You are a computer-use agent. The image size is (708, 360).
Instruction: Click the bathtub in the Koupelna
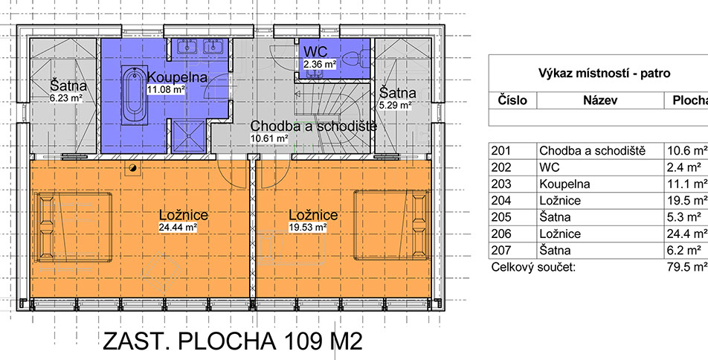(134, 95)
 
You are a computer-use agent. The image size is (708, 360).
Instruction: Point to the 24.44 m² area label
(178, 228)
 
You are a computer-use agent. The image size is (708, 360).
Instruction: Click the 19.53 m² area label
(307, 228)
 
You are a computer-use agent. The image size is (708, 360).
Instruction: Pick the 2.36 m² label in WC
(320, 64)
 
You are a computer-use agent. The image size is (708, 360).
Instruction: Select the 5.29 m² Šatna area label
(395, 106)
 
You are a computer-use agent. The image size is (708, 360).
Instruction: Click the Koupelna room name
(177, 77)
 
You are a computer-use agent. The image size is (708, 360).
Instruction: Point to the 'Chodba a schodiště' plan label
(313, 126)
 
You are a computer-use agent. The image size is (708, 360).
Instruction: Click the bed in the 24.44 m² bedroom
(74, 227)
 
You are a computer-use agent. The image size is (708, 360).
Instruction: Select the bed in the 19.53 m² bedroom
(392, 225)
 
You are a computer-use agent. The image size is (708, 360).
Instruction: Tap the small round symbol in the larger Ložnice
(133, 169)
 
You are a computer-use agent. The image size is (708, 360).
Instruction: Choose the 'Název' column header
(600, 100)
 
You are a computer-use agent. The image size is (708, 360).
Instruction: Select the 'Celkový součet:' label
(533, 267)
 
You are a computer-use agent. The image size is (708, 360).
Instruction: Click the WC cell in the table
(550, 167)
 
